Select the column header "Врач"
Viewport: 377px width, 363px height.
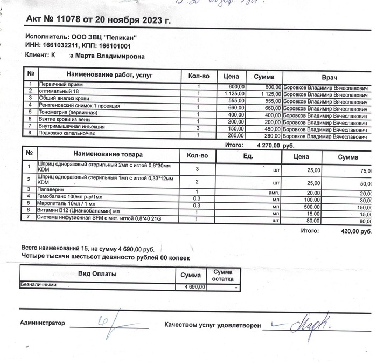(x=329, y=77)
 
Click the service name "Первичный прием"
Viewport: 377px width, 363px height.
(x=58, y=86)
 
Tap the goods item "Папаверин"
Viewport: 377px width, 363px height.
(x=50, y=190)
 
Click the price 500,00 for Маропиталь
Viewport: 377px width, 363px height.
(x=310, y=206)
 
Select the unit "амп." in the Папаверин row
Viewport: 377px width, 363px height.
(x=273, y=192)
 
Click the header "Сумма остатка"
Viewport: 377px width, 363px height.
(x=223, y=276)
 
